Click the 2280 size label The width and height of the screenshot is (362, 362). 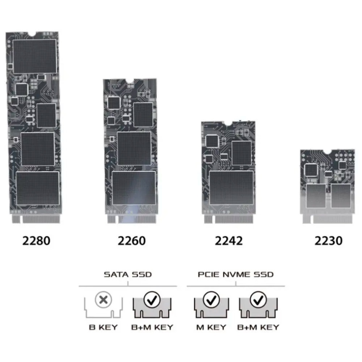(36, 241)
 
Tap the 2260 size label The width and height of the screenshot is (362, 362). (132, 241)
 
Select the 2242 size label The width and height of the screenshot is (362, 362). (229, 241)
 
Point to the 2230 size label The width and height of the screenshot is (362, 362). (329, 241)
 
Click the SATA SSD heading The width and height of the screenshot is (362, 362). (128, 274)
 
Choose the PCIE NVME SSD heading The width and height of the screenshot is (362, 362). (236, 274)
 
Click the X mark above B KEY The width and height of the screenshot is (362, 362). (103, 300)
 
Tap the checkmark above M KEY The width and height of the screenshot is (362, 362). (211, 300)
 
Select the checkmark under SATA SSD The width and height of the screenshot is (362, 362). (152, 300)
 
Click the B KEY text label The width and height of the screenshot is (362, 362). (103, 327)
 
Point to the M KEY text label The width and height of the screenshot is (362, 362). (211, 327)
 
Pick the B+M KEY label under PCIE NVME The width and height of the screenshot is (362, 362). (258, 327)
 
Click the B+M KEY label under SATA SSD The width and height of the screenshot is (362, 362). (152, 327)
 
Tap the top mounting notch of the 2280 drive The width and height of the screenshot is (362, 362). (32, 34)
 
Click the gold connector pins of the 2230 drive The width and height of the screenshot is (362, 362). (328, 219)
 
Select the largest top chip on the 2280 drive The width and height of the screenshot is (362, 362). (35, 56)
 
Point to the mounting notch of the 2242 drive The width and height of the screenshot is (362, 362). (228, 124)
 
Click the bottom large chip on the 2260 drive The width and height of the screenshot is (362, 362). (134, 188)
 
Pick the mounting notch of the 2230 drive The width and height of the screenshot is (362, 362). (327, 152)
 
